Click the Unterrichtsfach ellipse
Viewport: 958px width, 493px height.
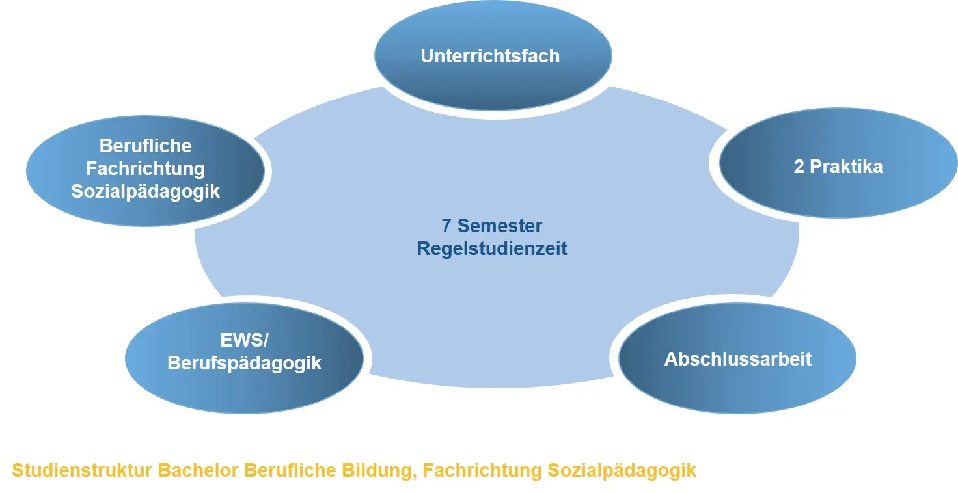493,55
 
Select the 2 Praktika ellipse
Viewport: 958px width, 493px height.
838,163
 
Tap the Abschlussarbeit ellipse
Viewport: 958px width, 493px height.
737,358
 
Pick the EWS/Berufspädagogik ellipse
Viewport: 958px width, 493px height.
244,358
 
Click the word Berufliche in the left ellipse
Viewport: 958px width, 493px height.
145,146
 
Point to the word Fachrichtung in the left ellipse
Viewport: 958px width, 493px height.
145,168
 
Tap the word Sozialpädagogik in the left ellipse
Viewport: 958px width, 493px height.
145,191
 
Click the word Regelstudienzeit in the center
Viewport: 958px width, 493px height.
492,249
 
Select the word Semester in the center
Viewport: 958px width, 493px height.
500,226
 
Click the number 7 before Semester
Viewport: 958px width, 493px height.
446,226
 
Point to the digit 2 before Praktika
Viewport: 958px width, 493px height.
799,167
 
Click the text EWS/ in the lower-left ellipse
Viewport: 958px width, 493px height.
244,340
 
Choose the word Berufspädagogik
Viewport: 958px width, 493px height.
244,364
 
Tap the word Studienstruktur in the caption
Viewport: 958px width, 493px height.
82,470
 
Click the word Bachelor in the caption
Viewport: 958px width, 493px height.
198,470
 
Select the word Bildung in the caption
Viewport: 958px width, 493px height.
379,471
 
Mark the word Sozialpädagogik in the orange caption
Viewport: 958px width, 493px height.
622,471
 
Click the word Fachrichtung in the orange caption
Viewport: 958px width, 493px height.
482,471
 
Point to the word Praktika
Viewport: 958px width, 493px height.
846,167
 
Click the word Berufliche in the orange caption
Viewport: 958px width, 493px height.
290,470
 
